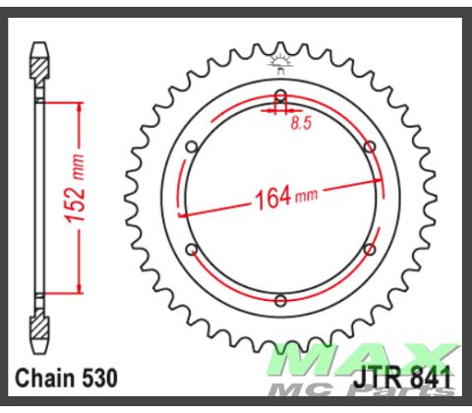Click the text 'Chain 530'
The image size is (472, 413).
pos(67,378)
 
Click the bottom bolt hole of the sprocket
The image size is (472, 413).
pos(280,299)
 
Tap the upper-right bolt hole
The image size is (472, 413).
pos(369,147)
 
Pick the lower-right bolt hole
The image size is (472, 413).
pos(369,249)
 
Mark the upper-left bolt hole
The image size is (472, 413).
pos(192,147)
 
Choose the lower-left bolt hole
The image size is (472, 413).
pos(192,249)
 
